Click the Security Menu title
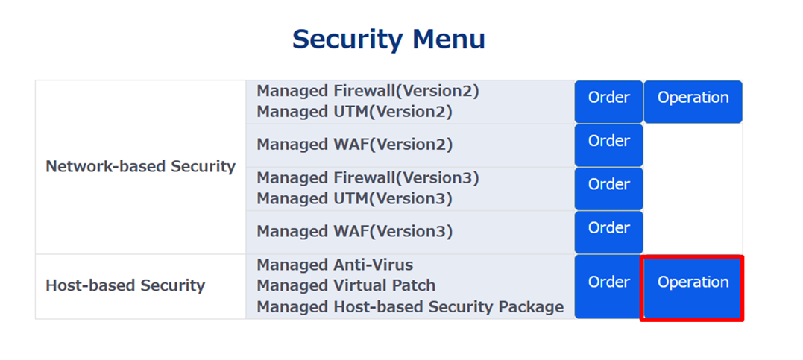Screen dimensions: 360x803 pos(388,39)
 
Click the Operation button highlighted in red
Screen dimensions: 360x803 pos(693,288)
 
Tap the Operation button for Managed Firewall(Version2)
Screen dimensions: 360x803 pos(693,101)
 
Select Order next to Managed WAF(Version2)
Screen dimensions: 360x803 pos(608,145)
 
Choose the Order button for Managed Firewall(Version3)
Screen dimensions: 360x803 pos(608,188)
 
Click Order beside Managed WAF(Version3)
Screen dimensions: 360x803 pos(608,231)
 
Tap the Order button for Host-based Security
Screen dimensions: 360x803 pos(608,286)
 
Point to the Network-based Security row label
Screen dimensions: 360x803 pos(140,166)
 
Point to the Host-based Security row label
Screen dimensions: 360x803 pos(125,285)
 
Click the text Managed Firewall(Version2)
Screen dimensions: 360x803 pos(368,91)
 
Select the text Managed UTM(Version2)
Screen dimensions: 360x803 pos(354,112)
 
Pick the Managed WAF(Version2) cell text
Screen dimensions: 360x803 pos(354,145)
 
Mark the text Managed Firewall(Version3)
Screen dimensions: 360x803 pos(368,178)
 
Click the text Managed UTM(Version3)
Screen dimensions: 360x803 pos(354,199)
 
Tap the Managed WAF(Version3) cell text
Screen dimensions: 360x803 pos(354,231)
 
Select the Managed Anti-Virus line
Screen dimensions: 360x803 pos(335,265)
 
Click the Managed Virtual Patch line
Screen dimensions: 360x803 pos(346,285)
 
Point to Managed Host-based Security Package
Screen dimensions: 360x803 pos(410,306)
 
